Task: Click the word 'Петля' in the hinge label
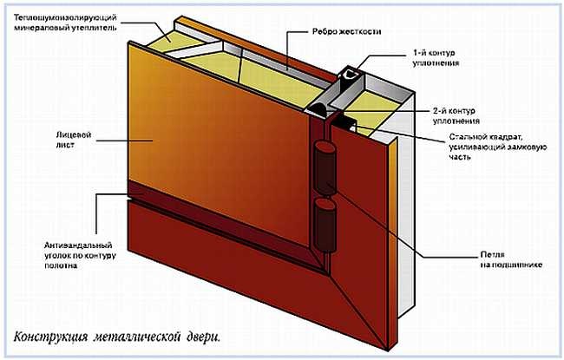[x=492, y=255]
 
